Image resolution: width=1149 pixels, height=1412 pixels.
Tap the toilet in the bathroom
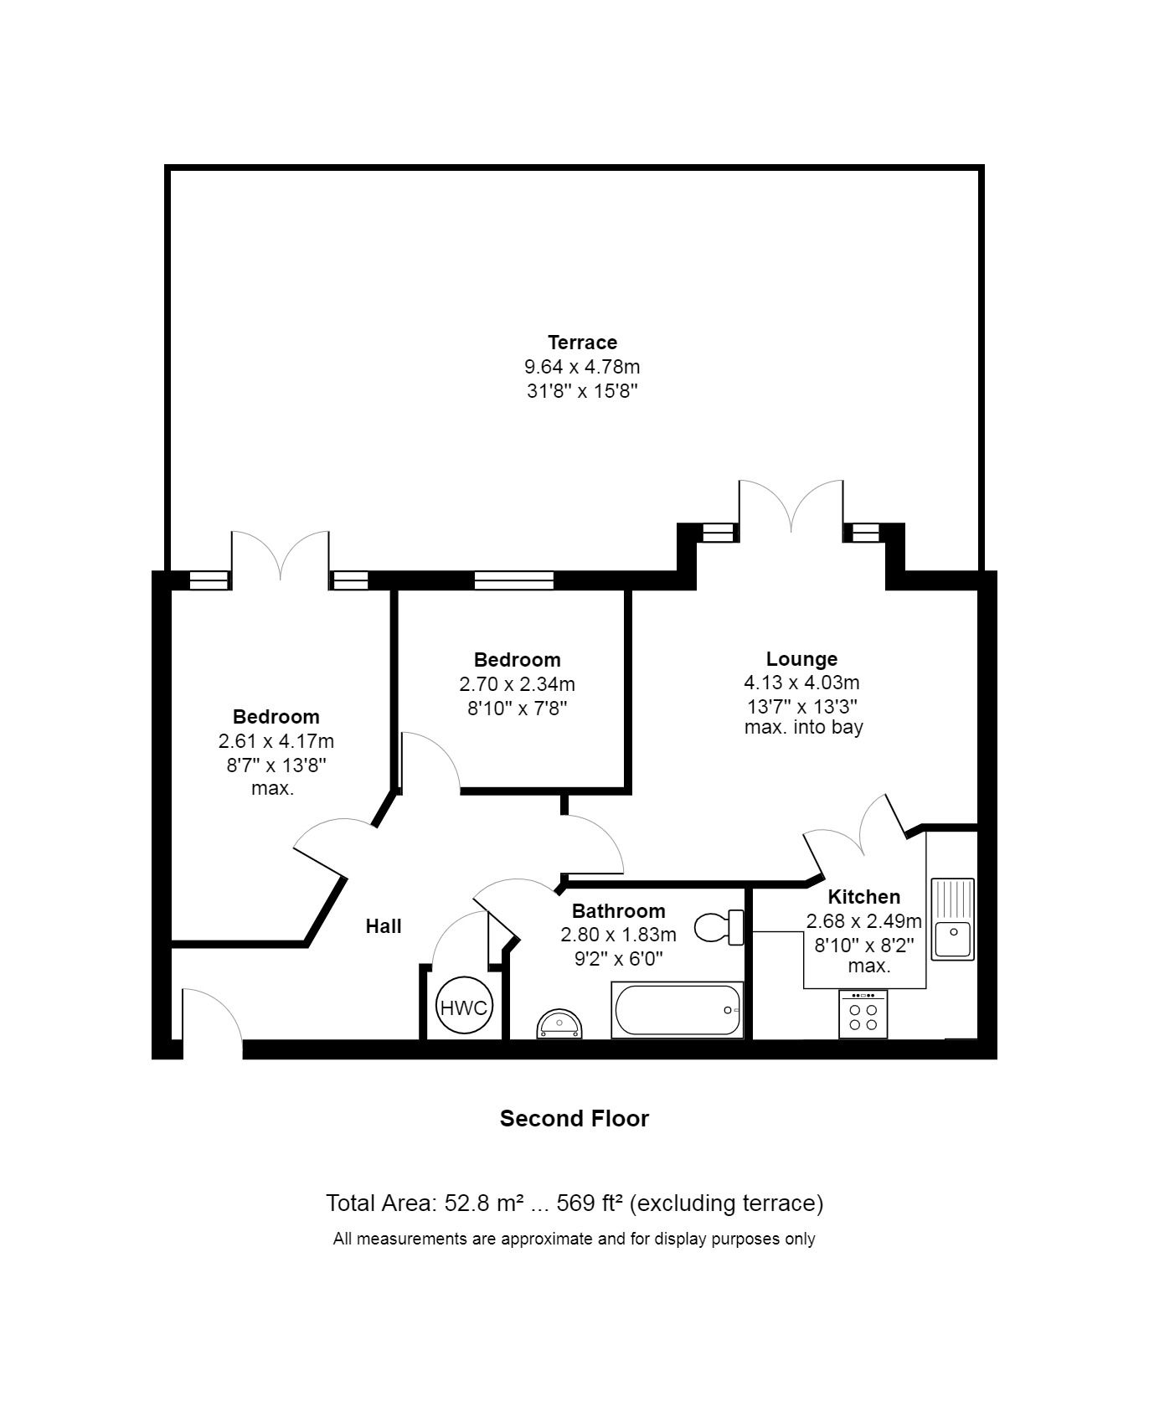click(x=719, y=927)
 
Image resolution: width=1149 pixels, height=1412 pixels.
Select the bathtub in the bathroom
click(x=678, y=1009)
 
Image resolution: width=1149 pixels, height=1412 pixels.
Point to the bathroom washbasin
click(x=559, y=1023)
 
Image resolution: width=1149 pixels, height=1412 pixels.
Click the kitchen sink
click(x=953, y=919)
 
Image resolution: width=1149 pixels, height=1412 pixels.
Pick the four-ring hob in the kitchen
click(x=863, y=1014)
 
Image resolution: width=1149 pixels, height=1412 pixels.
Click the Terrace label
click(x=582, y=342)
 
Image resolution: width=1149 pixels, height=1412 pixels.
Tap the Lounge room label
click(x=801, y=659)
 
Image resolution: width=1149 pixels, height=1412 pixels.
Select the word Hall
click(x=384, y=926)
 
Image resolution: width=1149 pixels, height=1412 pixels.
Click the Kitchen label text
click(x=863, y=897)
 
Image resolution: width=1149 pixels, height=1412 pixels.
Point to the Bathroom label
click(x=618, y=911)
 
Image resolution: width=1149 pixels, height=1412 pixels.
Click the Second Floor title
click(x=574, y=1119)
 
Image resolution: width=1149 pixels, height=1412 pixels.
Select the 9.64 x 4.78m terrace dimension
click(x=582, y=367)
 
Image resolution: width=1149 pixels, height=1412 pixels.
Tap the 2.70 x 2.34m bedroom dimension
click(x=517, y=684)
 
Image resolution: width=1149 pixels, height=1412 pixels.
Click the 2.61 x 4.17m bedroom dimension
click(x=276, y=741)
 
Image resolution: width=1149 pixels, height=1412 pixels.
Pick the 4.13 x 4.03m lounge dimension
click(x=801, y=683)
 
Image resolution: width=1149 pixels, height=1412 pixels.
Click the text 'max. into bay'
click(x=803, y=727)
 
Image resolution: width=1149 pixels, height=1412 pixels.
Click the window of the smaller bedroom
click(x=513, y=580)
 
